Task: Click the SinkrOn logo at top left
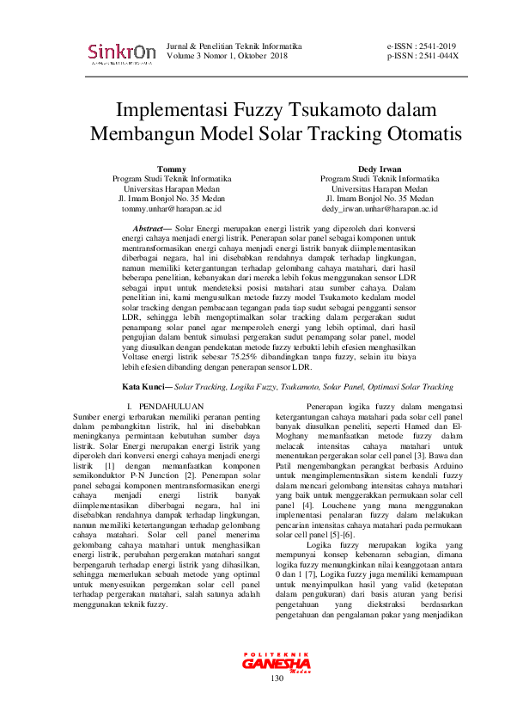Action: [121, 53]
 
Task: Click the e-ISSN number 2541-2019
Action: [435, 46]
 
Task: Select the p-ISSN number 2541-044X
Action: [435, 56]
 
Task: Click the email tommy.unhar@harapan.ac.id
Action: [172, 208]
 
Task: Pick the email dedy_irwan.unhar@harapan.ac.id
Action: [380, 208]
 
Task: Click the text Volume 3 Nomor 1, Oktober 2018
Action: [227, 56]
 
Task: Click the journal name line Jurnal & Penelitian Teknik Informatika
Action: [234, 46]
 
